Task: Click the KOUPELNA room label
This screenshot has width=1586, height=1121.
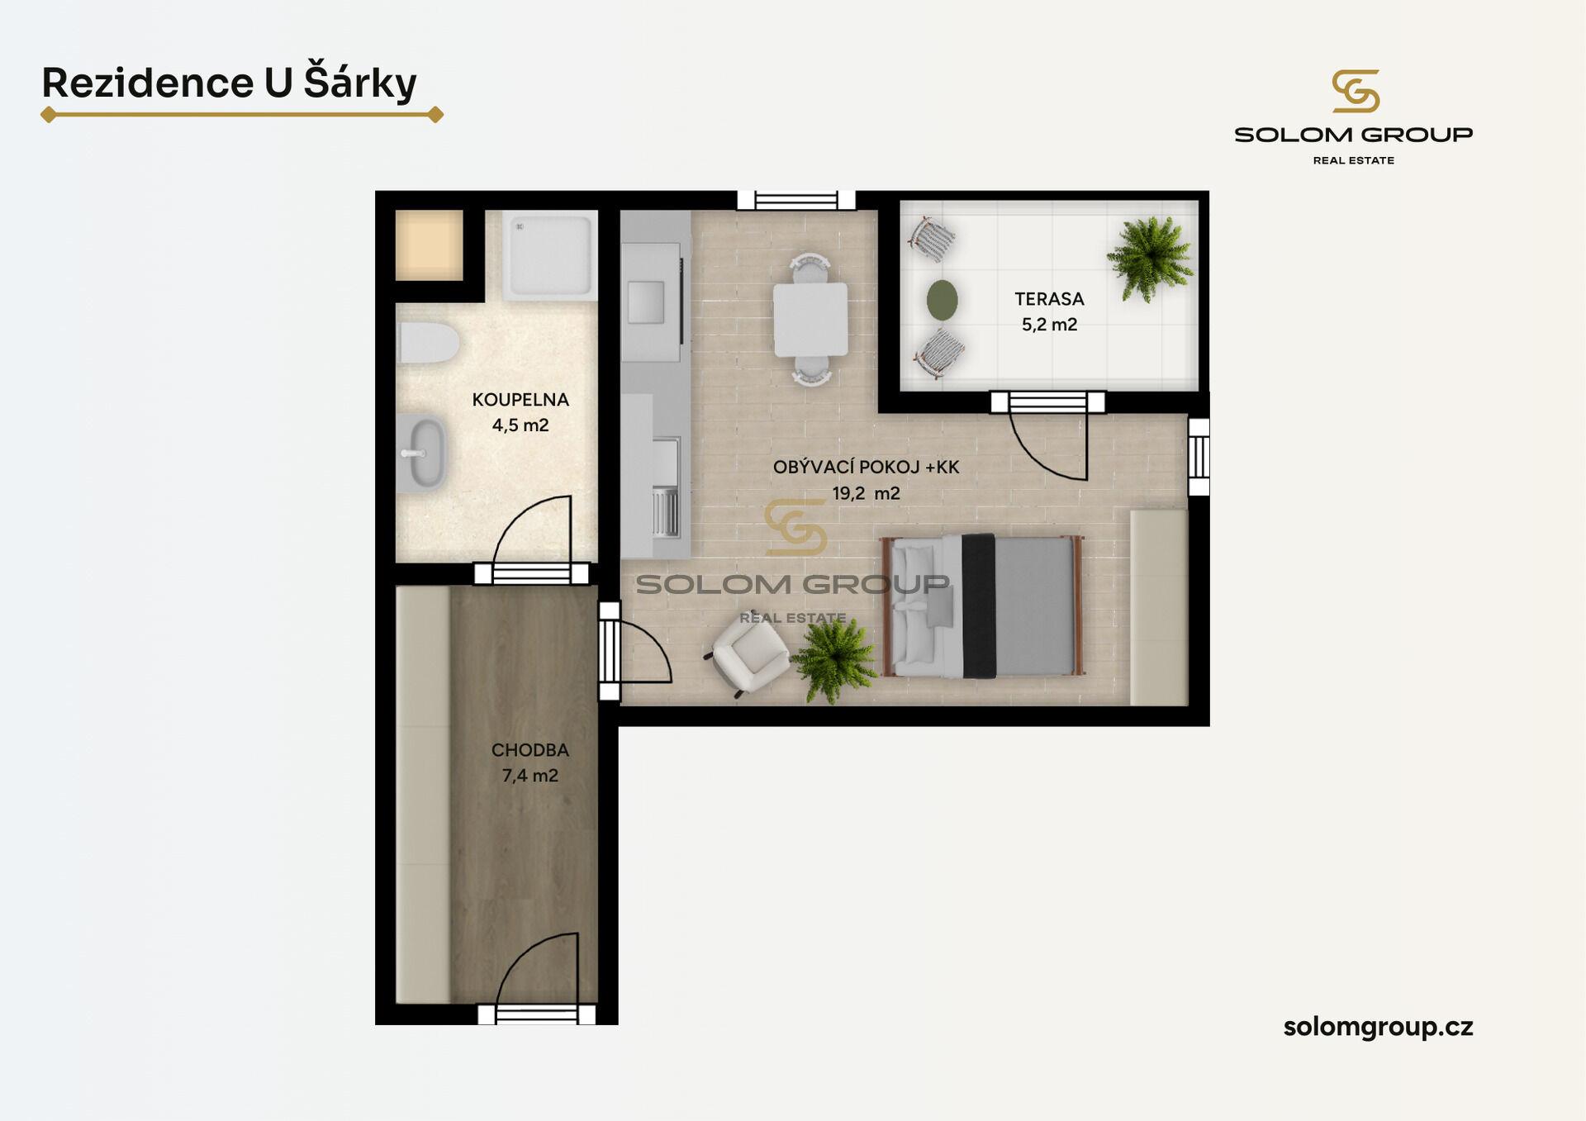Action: [x=520, y=400]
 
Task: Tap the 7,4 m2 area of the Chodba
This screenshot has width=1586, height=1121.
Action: [x=530, y=776]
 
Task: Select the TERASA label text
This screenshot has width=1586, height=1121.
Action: [x=1049, y=299]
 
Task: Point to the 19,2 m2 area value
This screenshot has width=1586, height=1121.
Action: [x=866, y=493]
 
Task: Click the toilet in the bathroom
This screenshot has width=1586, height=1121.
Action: [x=428, y=343]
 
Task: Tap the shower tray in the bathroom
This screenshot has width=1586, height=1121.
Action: [x=550, y=256]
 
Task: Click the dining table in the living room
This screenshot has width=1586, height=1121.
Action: [x=810, y=320]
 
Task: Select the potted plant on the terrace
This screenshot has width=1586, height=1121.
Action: [x=1149, y=258]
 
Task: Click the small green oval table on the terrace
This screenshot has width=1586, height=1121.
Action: [x=942, y=300]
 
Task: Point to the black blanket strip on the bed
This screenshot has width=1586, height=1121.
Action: [x=979, y=606]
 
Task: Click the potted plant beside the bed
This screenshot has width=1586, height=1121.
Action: [x=835, y=661]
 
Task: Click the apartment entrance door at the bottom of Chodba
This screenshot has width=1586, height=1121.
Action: [x=537, y=1014]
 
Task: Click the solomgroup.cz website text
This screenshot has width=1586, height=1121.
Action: [x=1378, y=1027]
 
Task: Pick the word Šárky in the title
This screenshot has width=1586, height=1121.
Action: [x=360, y=82]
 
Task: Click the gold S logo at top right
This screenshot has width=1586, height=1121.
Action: [x=1355, y=91]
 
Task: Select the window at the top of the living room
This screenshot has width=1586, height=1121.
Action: [x=796, y=200]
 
